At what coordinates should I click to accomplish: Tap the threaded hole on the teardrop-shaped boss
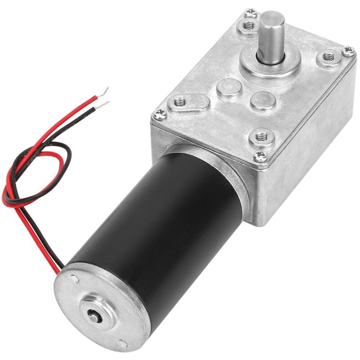click(180, 102)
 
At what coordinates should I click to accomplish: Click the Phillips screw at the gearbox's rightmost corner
click(347, 51)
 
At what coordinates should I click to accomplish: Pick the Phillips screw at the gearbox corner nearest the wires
click(160, 115)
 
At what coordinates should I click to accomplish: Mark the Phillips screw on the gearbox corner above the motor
click(260, 156)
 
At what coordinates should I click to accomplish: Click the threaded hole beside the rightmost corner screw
click(328, 58)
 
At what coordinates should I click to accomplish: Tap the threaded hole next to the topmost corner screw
click(247, 26)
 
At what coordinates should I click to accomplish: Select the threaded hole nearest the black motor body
click(261, 135)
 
